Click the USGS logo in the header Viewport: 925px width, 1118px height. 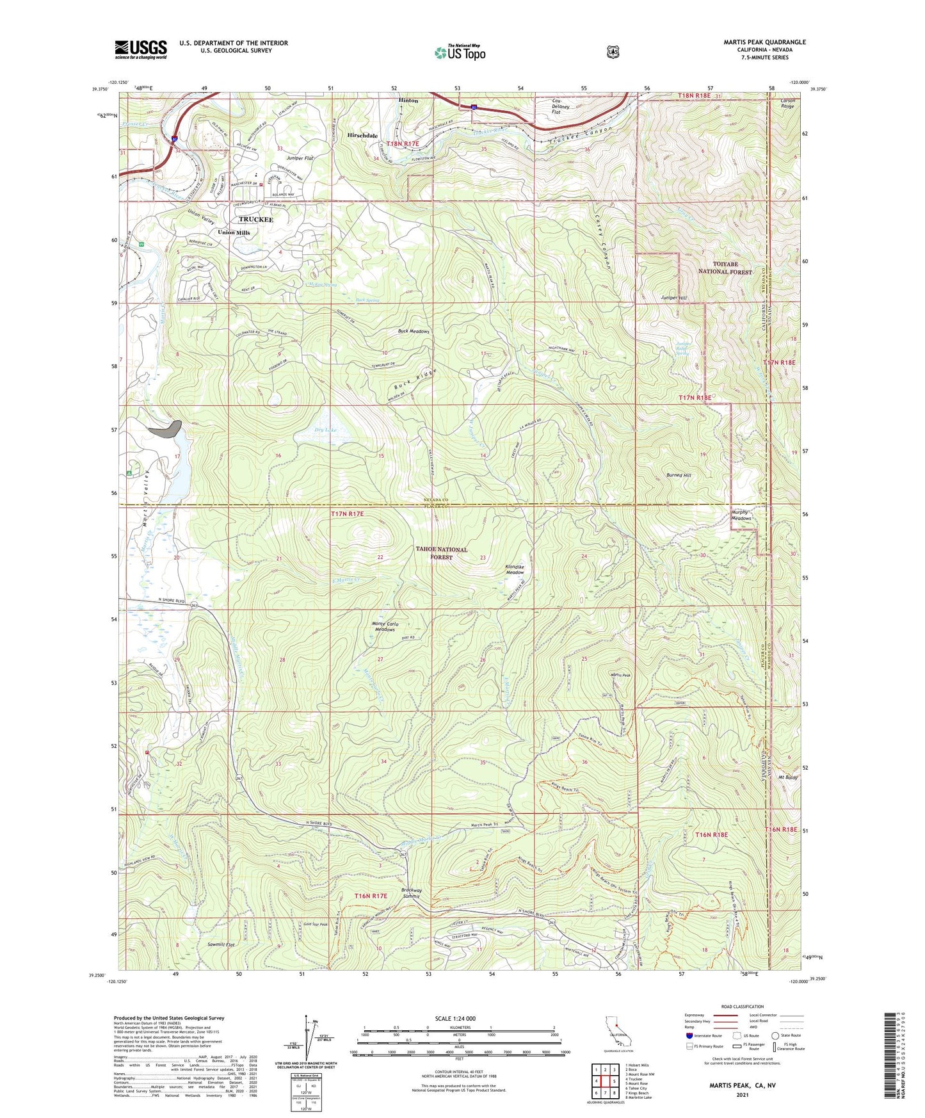[141, 49]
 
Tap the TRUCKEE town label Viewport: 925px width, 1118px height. [256, 220]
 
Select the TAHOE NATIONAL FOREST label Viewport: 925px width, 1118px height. [442, 553]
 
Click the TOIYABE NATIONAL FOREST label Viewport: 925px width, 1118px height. [722, 268]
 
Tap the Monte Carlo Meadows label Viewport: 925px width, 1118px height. [385, 626]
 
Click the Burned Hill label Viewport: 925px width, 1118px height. [679, 476]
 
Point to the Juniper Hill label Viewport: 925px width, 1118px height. [674, 298]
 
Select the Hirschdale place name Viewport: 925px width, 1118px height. [362, 136]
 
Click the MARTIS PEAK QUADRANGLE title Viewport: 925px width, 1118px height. [764, 42]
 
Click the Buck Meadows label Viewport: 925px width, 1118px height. [414, 332]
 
